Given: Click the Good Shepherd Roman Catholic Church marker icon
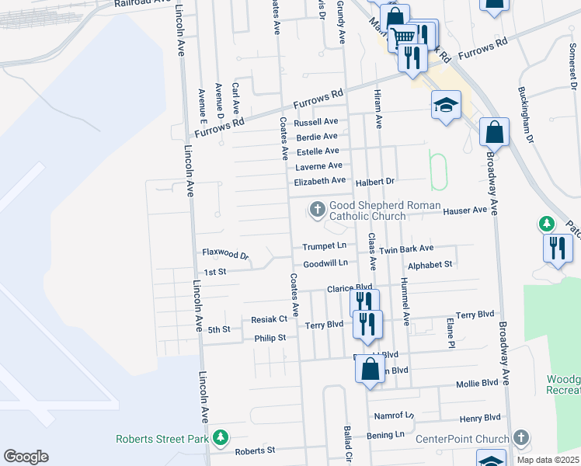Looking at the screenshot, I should click(317, 209).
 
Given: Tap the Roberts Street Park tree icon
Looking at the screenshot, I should click(221, 438).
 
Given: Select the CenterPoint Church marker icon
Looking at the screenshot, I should click(521, 438).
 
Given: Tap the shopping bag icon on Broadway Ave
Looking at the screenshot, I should click(494, 133).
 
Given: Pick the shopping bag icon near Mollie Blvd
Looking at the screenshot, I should click(371, 369).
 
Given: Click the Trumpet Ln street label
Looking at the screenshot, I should click(324, 245).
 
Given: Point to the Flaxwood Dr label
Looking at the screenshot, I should click(224, 254).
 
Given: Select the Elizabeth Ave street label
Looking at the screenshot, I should click(319, 181).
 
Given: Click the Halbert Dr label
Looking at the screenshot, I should click(376, 181).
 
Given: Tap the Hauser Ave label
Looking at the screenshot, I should click(464, 210).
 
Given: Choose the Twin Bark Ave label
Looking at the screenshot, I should click(406, 248).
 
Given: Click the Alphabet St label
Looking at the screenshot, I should click(430, 264).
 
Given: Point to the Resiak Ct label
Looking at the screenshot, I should click(270, 319).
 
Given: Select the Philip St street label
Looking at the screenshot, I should click(270, 338).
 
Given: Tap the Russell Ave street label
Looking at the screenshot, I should click(316, 122).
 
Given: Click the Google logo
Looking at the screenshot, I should click(26, 457).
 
